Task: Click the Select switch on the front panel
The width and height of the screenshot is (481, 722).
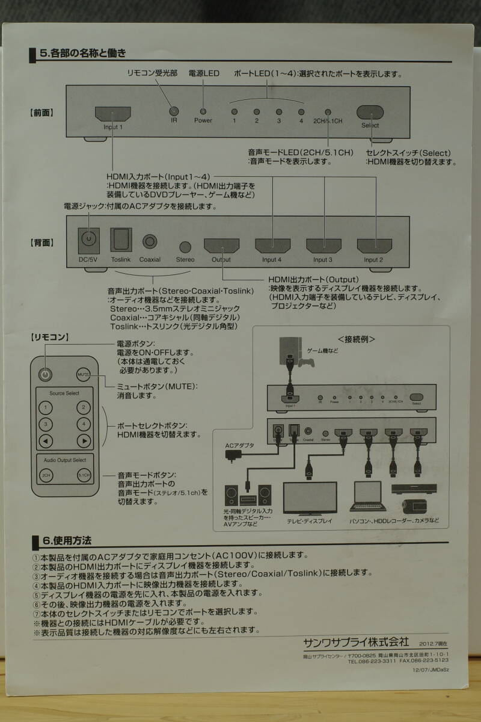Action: point(370,112)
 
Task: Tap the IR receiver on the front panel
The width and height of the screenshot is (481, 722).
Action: point(174,111)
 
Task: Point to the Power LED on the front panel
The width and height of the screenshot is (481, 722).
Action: point(203,111)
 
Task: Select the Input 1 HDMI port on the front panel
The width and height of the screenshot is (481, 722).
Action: point(112,114)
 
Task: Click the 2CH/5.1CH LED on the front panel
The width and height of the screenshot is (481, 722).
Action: point(328,112)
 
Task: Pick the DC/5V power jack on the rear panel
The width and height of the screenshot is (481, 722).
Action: point(89,241)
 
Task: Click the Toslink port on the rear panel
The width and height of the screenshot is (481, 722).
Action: point(120,241)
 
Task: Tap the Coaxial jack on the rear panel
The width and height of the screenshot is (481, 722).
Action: point(150,241)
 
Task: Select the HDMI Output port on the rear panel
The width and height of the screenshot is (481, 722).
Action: point(221,245)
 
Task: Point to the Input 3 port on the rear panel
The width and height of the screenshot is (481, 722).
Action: point(323,245)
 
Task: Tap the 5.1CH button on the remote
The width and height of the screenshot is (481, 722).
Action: point(84,475)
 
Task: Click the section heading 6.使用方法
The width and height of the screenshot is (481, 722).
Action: point(66,541)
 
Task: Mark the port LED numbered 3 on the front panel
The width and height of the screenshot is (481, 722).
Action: point(279,112)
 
